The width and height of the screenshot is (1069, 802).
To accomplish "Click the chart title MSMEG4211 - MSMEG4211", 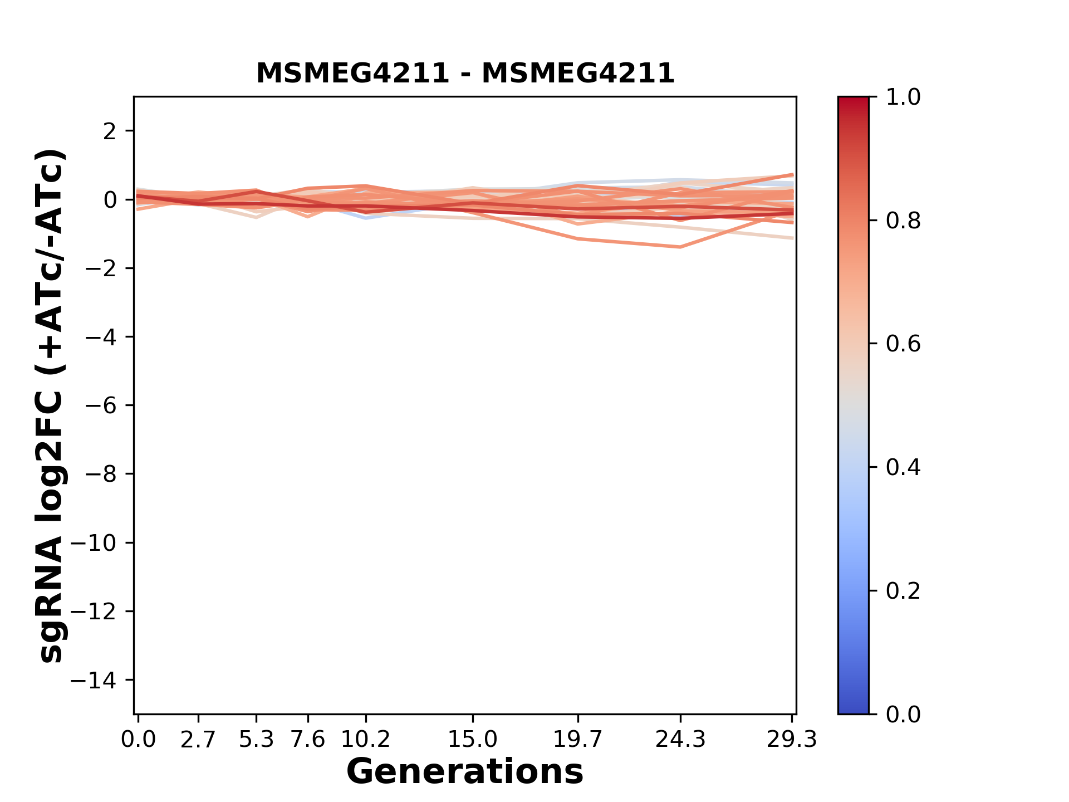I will pos(465,74).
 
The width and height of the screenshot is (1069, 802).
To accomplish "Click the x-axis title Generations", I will pos(465,772).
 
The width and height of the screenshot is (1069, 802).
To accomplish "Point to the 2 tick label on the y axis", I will pos(111,131).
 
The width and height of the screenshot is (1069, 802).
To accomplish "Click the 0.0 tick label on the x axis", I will pos(138,740).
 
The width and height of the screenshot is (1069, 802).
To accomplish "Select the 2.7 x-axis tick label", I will pos(198,740).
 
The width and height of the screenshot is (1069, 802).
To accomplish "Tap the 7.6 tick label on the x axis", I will pos(308,740).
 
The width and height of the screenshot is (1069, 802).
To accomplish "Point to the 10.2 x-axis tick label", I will pos(365,740).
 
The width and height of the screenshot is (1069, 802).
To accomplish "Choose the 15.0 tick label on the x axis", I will pos(473,740).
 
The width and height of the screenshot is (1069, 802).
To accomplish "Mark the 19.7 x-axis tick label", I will pos(578,740).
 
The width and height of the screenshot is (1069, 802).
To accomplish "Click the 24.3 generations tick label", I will pos(680,740).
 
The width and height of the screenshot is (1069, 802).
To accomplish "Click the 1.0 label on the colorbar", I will pos(903,97).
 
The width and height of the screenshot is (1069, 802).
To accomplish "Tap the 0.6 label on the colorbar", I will pos(903,344).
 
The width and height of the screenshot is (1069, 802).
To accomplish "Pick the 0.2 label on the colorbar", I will pos(903,591).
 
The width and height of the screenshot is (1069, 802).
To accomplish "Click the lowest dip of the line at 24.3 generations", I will pos(680,247).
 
